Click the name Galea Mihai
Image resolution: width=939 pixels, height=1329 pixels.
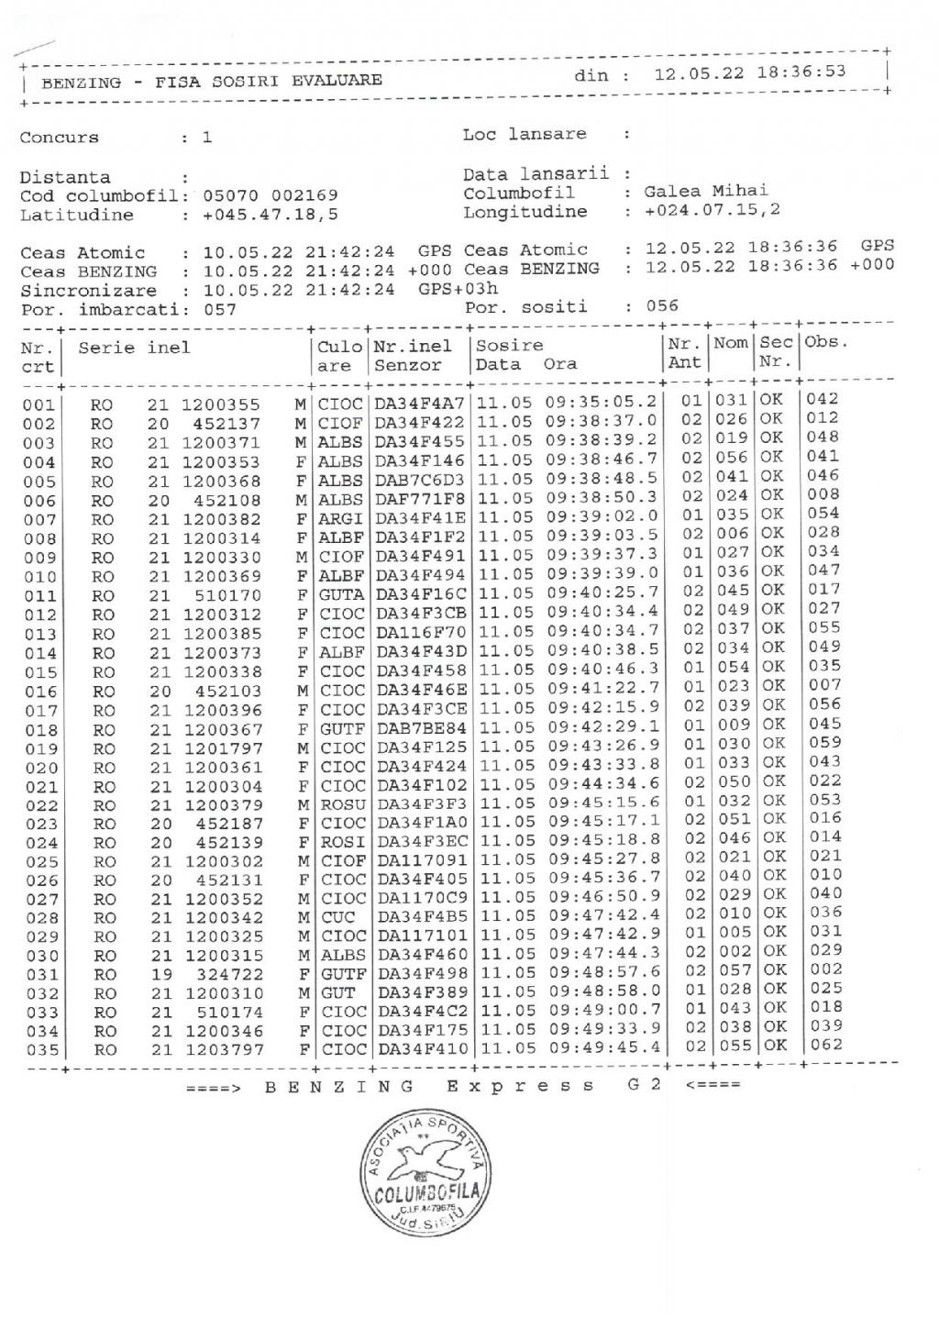(706, 192)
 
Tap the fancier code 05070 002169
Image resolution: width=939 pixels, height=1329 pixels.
(270, 195)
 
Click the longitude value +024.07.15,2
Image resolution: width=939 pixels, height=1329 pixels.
(713, 211)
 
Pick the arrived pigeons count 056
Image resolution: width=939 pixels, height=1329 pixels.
(662, 306)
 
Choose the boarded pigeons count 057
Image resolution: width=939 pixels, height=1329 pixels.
(220, 310)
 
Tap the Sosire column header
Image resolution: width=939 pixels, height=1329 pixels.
(509, 346)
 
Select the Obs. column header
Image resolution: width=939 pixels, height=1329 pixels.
(826, 343)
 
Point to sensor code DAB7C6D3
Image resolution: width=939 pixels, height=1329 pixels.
(421, 481)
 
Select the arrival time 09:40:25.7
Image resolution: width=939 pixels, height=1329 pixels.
(603, 593)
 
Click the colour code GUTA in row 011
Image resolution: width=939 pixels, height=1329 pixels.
(341, 595)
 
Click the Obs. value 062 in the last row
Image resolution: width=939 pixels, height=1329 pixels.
(825, 1045)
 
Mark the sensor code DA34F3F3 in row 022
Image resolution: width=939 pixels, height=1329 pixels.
(422, 805)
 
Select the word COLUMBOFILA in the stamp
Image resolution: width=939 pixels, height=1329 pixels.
(425, 1192)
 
